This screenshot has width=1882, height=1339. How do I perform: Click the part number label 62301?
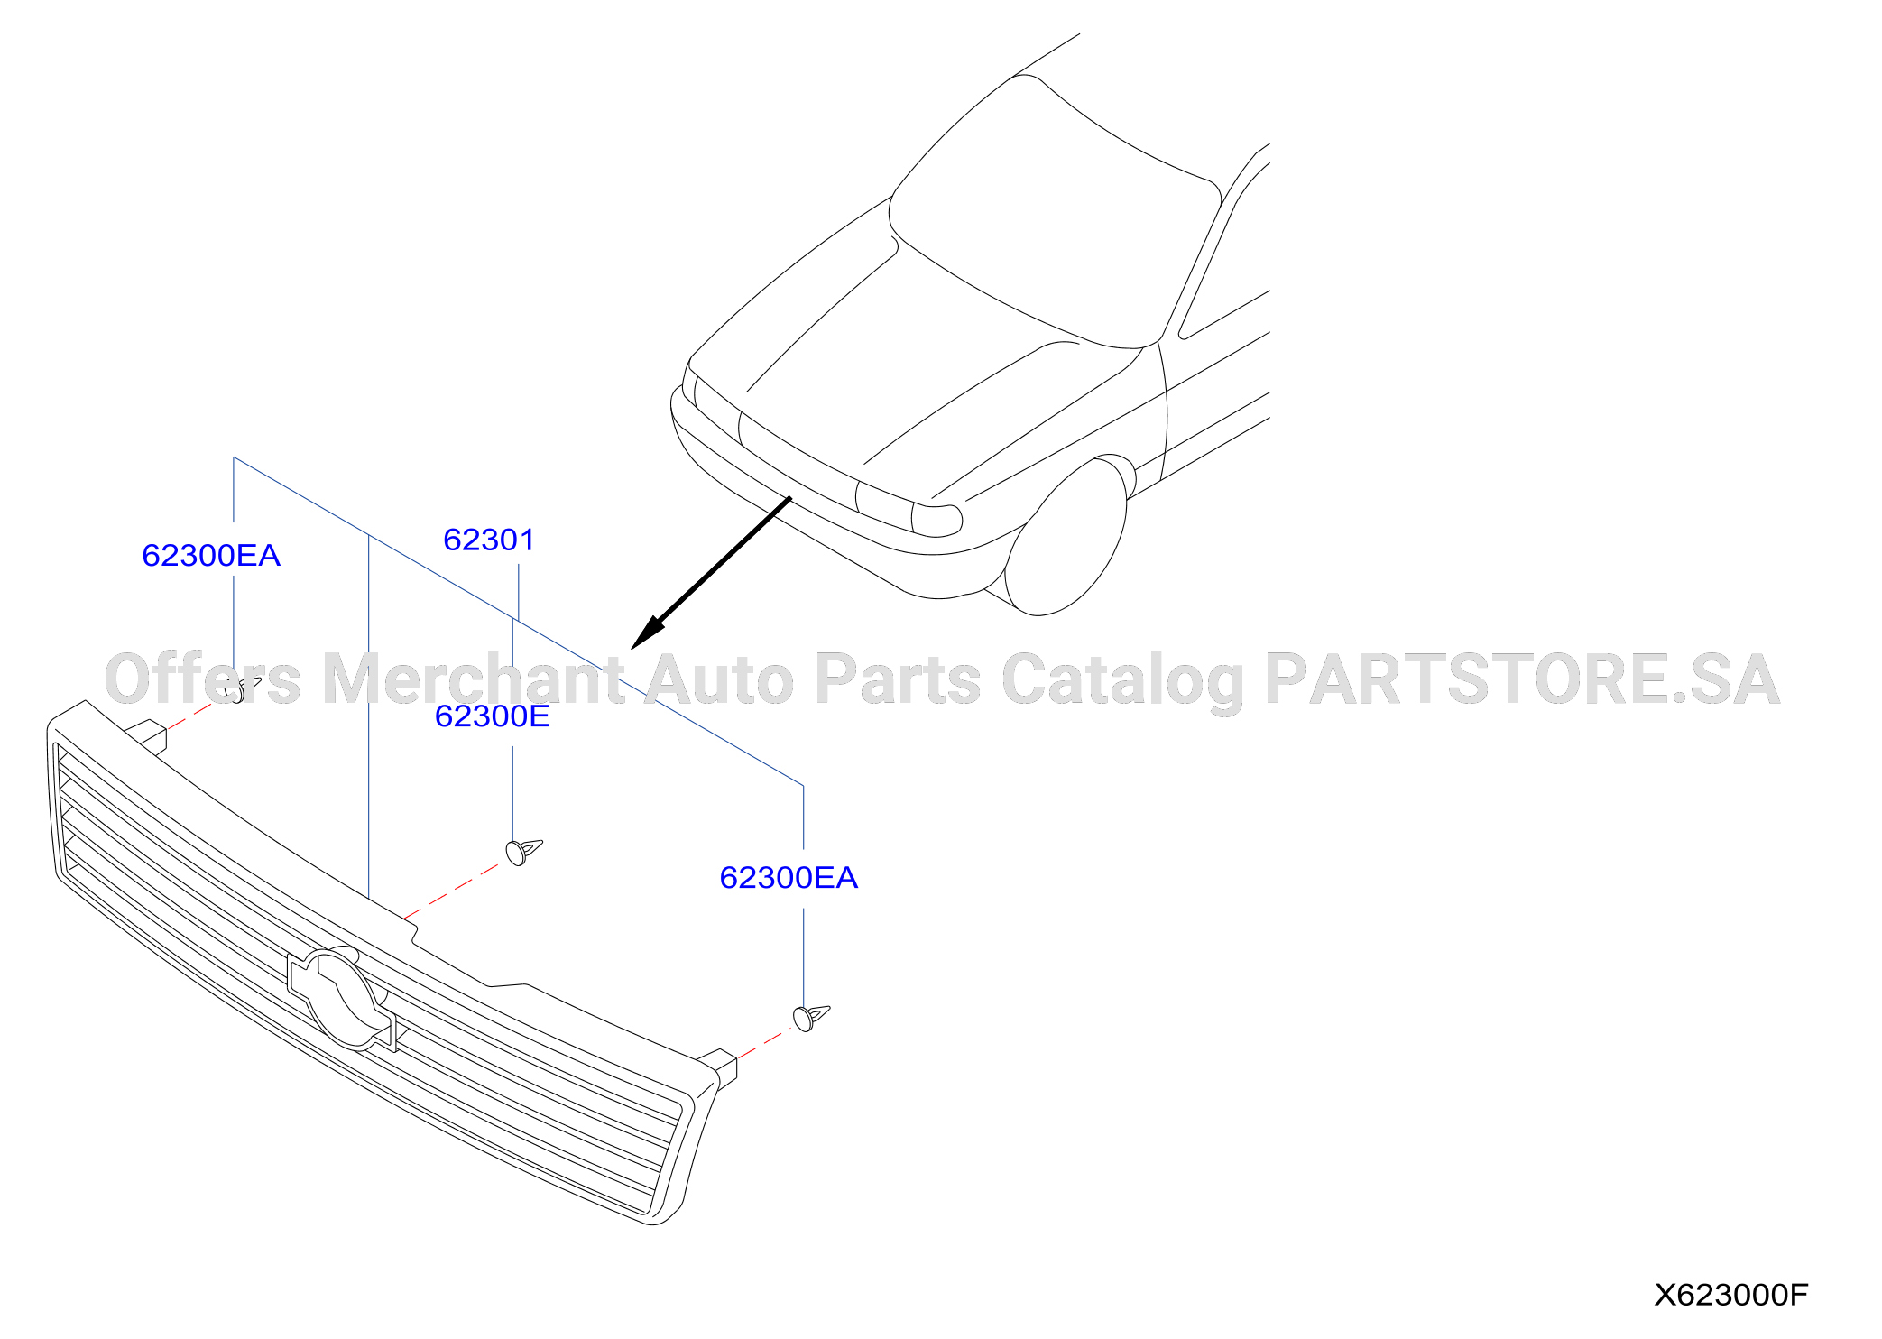(489, 540)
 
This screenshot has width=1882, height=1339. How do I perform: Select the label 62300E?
(493, 716)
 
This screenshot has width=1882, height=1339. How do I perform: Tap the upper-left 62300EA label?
(211, 555)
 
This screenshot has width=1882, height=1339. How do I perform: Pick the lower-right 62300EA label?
(789, 877)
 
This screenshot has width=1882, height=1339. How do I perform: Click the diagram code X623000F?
(1730, 1295)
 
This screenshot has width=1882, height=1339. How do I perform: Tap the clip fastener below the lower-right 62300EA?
(810, 1017)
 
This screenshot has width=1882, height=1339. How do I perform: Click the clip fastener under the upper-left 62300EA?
(240, 688)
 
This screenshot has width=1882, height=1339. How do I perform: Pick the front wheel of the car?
(1066, 537)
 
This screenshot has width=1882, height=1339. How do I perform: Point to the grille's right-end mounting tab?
(719, 1066)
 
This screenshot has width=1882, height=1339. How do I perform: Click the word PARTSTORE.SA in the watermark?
(1523, 679)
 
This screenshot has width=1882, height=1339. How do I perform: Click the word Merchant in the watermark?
(473, 678)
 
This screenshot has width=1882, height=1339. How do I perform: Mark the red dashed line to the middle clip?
(451, 891)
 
